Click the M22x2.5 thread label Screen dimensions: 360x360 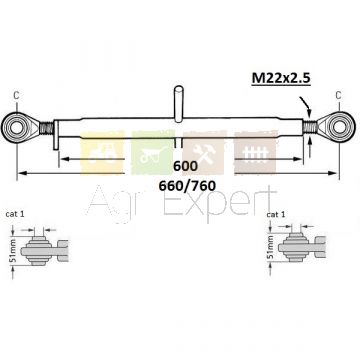[281, 79]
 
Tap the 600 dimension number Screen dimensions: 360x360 [185, 166]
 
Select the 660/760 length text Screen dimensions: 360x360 [187, 186]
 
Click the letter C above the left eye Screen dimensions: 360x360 [16, 95]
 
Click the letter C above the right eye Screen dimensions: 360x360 [338, 95]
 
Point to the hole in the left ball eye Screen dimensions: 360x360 [15, 127]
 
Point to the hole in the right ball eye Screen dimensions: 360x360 [340, 127]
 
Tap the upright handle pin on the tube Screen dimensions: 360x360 [179, 104]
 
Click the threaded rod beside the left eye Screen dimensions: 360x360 [47, 128]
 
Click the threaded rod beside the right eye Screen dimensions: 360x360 [310, 127]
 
